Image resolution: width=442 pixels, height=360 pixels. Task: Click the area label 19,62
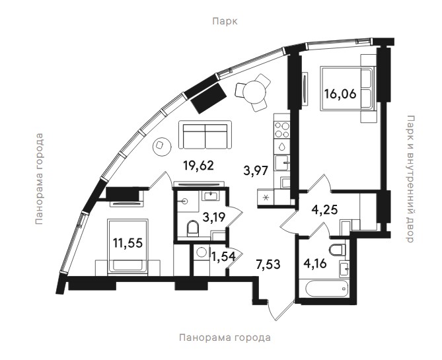coord(198,165)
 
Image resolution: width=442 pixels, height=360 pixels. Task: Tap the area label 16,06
coord(340,93)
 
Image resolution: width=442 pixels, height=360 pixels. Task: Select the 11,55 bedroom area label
coord(128,242)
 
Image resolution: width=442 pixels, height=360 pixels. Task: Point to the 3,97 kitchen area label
coord(256,171)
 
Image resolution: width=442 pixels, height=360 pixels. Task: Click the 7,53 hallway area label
coord(268,265)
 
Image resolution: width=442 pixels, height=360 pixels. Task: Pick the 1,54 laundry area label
coord(223,256)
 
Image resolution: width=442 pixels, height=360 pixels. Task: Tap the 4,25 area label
coord(324,210)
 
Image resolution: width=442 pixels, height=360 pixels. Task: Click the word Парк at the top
coord(225,21)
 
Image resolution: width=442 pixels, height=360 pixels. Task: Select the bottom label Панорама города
coord(225,338)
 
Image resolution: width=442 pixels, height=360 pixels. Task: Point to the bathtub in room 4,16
coord(327,288)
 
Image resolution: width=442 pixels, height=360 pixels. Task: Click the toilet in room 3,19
coord(192,228)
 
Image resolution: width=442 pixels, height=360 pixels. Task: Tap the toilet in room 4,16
coord(337,250)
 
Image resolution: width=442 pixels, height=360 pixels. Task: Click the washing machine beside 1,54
coord(202,252)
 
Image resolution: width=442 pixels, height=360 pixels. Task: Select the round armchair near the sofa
coord(161,146)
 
